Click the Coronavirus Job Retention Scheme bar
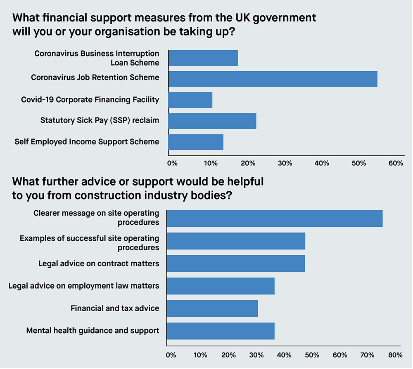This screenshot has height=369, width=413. click(x=273, y=79)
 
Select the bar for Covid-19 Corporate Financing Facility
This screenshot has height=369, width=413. click(x=190, y=100)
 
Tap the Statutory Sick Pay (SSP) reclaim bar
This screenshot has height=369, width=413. click(x=212, y=121)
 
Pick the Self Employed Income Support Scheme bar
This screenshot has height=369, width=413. click(x=196, y=142)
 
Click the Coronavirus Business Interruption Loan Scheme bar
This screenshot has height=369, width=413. click(x=203, y=58)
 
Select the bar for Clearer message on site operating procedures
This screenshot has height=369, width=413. click(x=274, y=219)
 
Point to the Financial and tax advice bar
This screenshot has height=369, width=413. click(x=212, y=308)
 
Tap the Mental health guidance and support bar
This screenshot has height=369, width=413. click(x=221, y=331)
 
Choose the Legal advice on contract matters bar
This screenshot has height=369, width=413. click(x=236, y=263)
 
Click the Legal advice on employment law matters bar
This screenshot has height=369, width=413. click(x=221, y=286)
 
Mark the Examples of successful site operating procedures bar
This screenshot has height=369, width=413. click(x=236, y=241)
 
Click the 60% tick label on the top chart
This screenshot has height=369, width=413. click(x=396, y=163)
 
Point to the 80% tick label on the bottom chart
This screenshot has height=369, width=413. click(x=395, y=355)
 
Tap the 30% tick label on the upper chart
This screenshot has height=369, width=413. click(x=285, y=163)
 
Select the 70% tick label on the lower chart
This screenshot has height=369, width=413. click(x=368, y=355)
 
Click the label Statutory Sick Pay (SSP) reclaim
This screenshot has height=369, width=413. click(x=100, y=120)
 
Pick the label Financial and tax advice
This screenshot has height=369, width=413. click(x=115, y=308)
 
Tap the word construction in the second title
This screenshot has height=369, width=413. click(x=109, y=195)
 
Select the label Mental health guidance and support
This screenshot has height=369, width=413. click(x=93, y=330)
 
